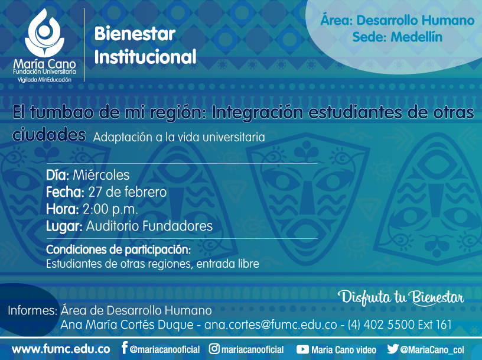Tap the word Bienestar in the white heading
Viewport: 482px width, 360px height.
point(135,34)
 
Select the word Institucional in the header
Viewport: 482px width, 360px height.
point(145,57)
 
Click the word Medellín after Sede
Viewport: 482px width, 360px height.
point(416,37)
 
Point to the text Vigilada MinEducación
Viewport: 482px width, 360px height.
point(44,80)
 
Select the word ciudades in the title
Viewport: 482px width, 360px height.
point(49,135)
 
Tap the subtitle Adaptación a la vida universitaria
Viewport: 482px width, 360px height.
point(179,137)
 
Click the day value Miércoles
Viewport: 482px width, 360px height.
point(101,175)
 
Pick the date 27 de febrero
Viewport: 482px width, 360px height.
point(127,192)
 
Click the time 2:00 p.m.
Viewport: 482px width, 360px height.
point(110,209)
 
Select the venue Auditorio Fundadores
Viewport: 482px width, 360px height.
point(149,226)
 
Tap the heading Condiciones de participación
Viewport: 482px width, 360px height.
point(118,250)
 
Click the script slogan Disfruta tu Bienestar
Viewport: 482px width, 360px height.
point(401,297)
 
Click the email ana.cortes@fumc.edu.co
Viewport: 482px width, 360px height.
point(271,325)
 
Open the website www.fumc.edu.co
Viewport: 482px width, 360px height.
point(61,349)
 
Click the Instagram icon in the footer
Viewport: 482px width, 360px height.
point(214,349)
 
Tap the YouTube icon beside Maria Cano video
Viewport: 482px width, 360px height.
point(302,349)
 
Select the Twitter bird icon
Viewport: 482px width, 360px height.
point(393,349)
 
